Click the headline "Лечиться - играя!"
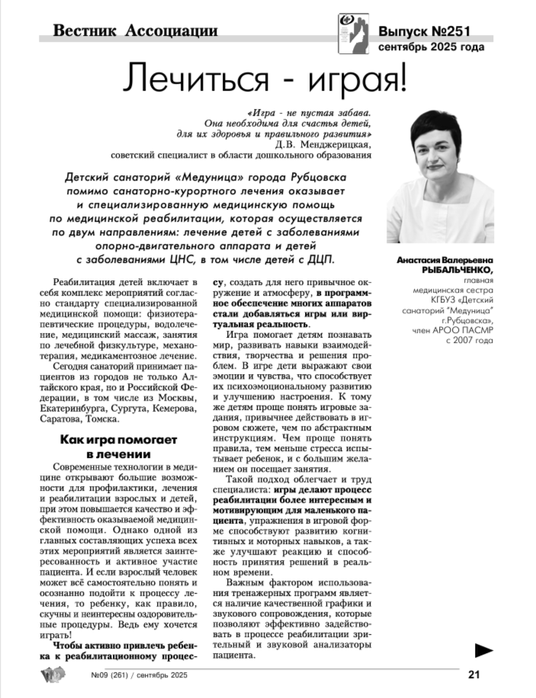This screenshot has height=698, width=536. click(x=266, y=78)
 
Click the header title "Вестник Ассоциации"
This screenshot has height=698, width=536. click(x=136, y=31)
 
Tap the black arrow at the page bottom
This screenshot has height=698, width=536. click(x=483, y=649)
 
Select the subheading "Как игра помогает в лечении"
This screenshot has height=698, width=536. click(x=118, y=447)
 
